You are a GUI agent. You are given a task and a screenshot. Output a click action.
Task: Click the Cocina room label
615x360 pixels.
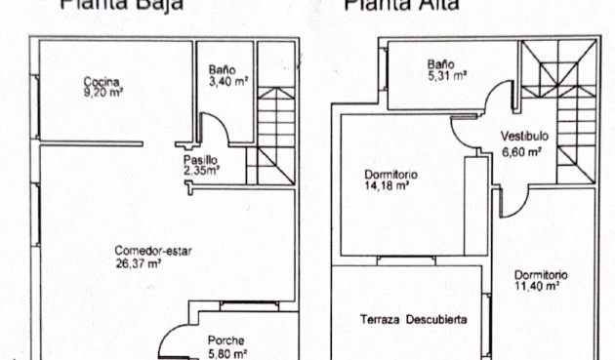click(100, 81)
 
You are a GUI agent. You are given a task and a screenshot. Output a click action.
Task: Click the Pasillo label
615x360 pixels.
click(199, 159)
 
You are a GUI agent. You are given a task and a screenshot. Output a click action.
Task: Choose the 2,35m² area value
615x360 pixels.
click(202, 170)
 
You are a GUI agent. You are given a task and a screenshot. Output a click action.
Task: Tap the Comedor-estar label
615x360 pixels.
click(152, 250)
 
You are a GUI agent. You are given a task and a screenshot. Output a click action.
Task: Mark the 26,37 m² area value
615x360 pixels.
click(139, 261)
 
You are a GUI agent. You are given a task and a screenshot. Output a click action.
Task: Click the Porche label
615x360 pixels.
click(225, 340)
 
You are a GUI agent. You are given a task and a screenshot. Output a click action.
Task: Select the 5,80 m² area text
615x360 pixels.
click(226, 353)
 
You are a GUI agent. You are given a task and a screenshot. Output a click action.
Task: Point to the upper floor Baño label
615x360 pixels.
click(440, 65)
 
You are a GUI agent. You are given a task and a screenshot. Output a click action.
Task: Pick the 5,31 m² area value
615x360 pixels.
click(445, 77)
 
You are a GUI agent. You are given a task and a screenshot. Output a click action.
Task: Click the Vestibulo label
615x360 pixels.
click(525, 137)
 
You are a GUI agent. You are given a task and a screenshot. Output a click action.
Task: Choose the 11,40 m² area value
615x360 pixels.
click(537, 286)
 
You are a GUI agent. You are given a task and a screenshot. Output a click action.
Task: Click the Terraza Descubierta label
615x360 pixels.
click(413, 320)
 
